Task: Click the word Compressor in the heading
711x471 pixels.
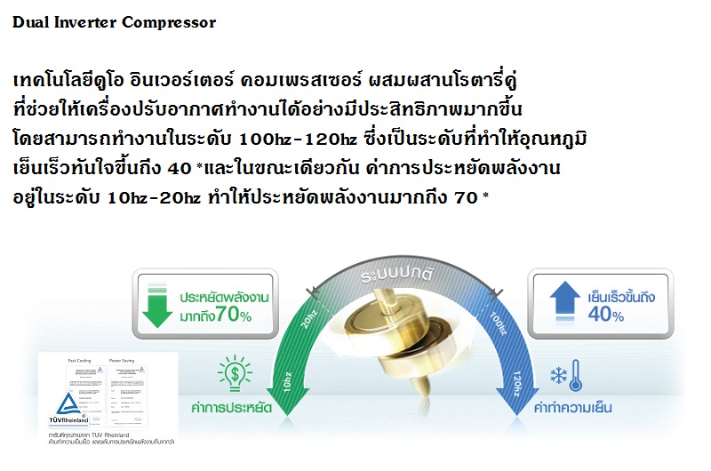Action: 168,22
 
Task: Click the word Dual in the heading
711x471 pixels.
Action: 29,22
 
